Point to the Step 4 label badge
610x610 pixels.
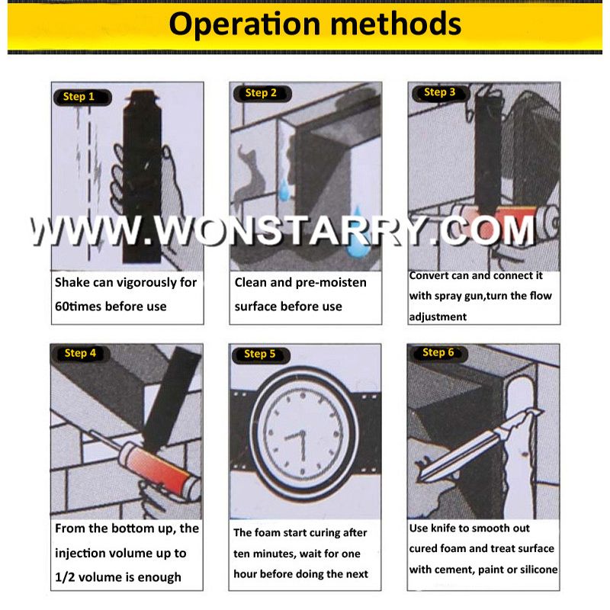coord(80,353)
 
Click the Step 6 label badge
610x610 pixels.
coord(438,352)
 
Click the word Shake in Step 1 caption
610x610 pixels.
coord(74,282)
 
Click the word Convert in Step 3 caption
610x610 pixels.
coord(429,275)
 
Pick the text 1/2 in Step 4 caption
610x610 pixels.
coord(66,576)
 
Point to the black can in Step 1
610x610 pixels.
coord(142,175)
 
